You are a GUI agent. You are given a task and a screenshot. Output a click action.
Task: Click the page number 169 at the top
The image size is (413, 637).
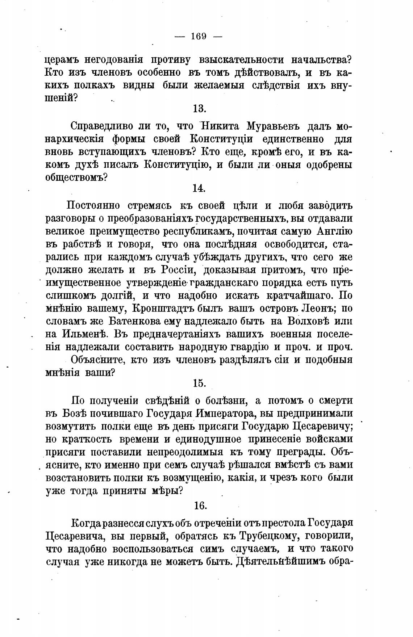(x=198, y=36)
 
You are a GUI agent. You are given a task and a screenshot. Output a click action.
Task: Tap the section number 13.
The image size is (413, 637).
(x=199, y=108)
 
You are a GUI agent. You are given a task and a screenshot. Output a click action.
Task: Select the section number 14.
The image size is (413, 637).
(x=199, y=188)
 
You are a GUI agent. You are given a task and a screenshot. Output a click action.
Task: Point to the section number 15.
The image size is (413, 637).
(x=200, y=383)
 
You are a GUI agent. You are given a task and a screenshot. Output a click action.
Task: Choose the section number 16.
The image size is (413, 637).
(x=200, y=505)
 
